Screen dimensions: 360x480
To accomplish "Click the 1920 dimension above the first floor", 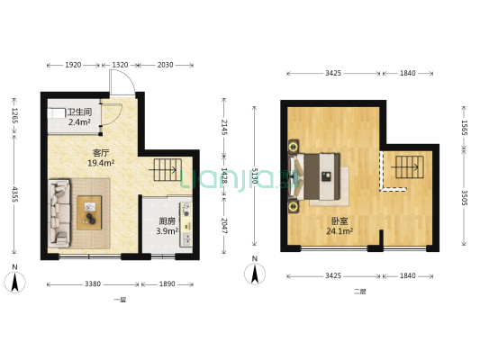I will pyautogui.click(x=73, y=65).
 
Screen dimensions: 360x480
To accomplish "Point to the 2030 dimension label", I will pyautogui.click(x=166, y=65).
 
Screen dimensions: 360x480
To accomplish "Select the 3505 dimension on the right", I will pyautogui.click(x=464, y=198).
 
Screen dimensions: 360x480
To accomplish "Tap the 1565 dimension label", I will pyautogui.click(x=464, y=128).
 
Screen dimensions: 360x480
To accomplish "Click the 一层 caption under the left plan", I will pyautogui.click(x=119, y=299).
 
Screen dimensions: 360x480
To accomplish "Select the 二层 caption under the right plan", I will pyautogui.click(x=359, y=291).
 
